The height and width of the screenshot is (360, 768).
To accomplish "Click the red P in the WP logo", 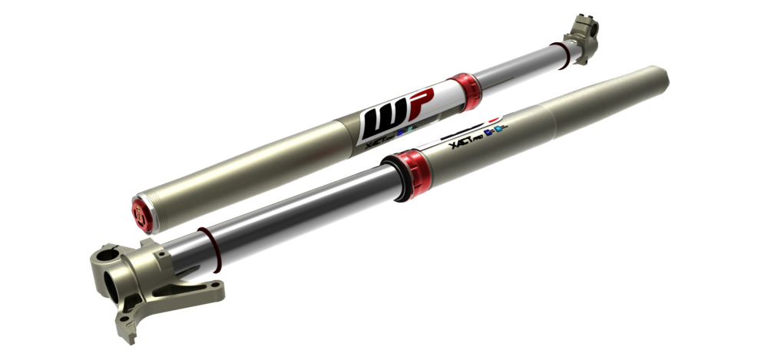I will tap(421, 102).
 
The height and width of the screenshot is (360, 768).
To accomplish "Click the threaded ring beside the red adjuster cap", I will tap(158, 207).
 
